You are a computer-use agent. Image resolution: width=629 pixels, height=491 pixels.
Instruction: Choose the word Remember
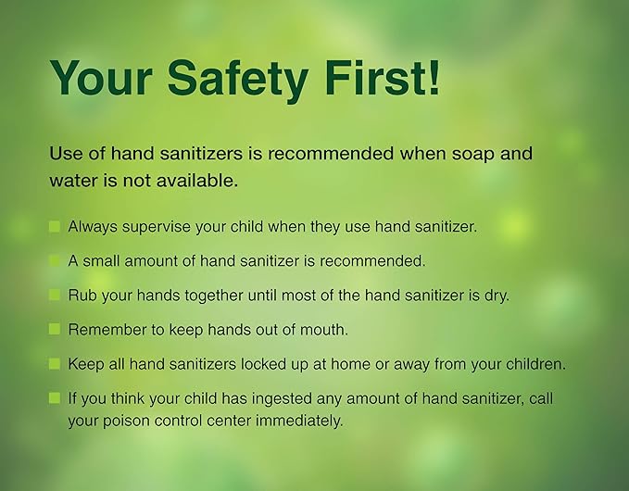pos(104,330)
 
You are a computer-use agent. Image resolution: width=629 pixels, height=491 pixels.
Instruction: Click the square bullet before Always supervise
pos(55,226)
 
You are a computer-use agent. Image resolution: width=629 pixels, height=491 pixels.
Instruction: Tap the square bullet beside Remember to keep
pos(55,330)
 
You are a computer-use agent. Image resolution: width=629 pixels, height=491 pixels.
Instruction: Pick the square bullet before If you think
pos(55,398)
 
